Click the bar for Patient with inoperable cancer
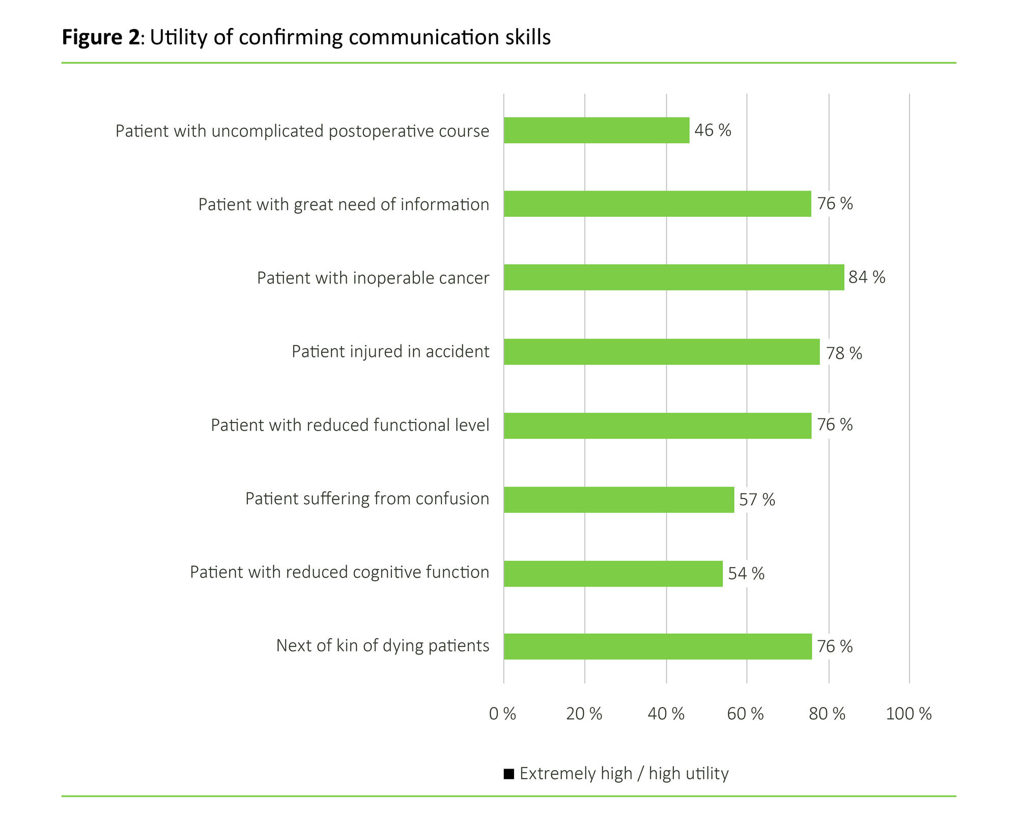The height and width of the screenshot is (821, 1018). (673, 277)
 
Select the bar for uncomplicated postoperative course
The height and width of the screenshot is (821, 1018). (597, 130)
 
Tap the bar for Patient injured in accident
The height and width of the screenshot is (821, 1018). (662, 352)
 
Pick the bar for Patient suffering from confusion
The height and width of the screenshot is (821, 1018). (619, 499)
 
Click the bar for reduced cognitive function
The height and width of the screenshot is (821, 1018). (613, 574)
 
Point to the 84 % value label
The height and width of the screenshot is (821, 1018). (867, 277)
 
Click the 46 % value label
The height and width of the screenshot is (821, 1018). (713, 130)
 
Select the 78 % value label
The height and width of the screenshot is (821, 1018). (844, 353)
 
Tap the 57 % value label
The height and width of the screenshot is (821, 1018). (757, 500)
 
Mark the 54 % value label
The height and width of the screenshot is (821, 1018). (746, 574)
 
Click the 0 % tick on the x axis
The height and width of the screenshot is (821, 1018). (502, 714)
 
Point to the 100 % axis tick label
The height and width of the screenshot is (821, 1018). (909, 714)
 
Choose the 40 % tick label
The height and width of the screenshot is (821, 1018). (666, 714)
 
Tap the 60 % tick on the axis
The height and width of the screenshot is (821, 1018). (745, 714)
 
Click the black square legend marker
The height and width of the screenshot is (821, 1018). (508, 774)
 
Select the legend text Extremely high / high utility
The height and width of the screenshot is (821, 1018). (624, 774)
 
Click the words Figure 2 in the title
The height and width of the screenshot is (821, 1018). (100, 38)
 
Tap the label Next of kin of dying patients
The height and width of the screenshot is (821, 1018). (382, 645)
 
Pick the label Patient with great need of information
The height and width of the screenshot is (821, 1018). (344, 204)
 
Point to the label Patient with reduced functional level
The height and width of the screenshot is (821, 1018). (350, 425)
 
